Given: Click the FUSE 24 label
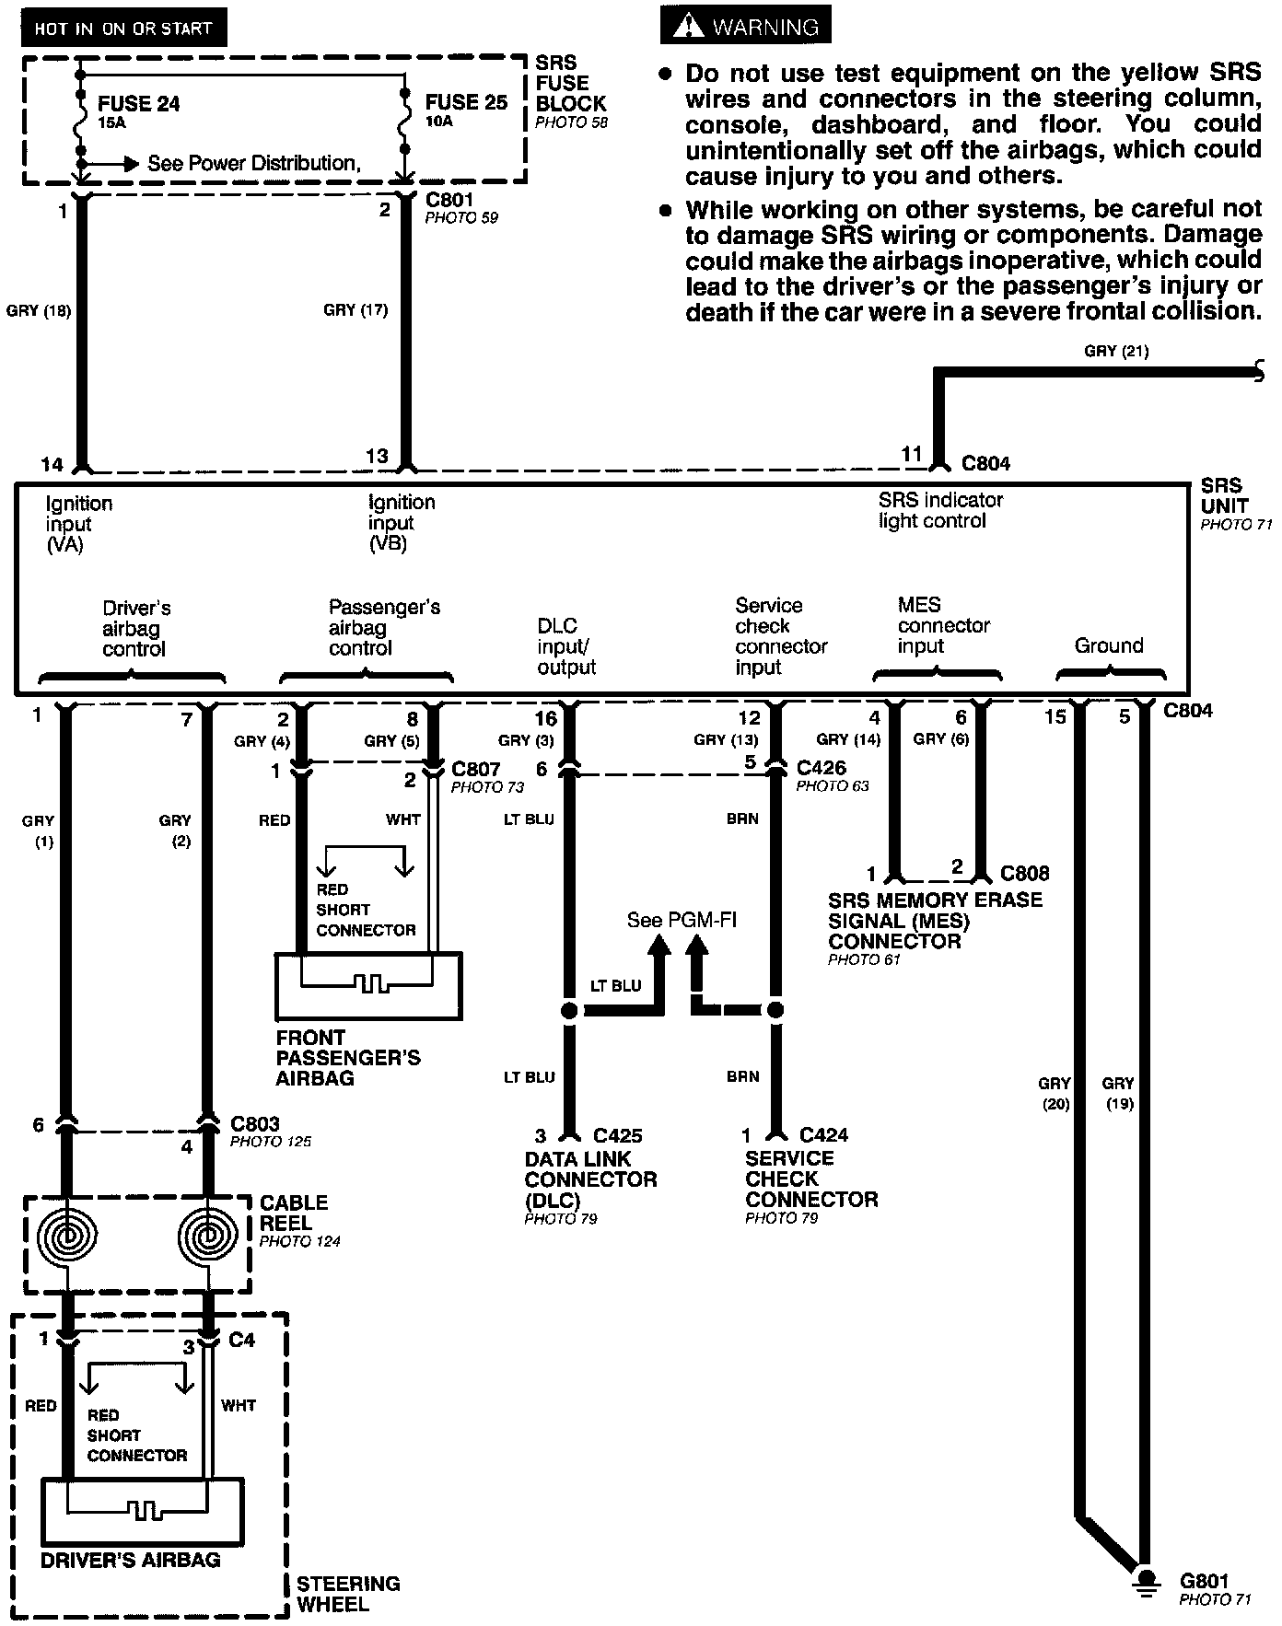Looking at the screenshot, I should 138,103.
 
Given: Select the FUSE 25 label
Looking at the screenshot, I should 466,102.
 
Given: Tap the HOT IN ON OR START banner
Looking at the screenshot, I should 122,29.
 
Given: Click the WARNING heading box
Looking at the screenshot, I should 745,27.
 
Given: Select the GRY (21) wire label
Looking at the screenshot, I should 1116,351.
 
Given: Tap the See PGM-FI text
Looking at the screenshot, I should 682,920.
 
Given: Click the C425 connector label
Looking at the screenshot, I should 617,1135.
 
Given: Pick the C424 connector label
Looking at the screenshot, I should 823,1135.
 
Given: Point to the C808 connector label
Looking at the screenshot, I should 1024,873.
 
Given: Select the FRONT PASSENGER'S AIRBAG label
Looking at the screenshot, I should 348,1057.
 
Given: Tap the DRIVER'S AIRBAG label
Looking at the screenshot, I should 131,1560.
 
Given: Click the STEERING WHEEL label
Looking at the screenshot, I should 348,1594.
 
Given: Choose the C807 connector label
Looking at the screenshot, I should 475,769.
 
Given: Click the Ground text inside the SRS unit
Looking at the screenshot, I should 1109,645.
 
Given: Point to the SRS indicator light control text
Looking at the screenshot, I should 940,510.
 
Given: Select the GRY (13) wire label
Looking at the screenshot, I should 726,740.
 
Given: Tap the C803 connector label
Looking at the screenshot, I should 255,1123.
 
